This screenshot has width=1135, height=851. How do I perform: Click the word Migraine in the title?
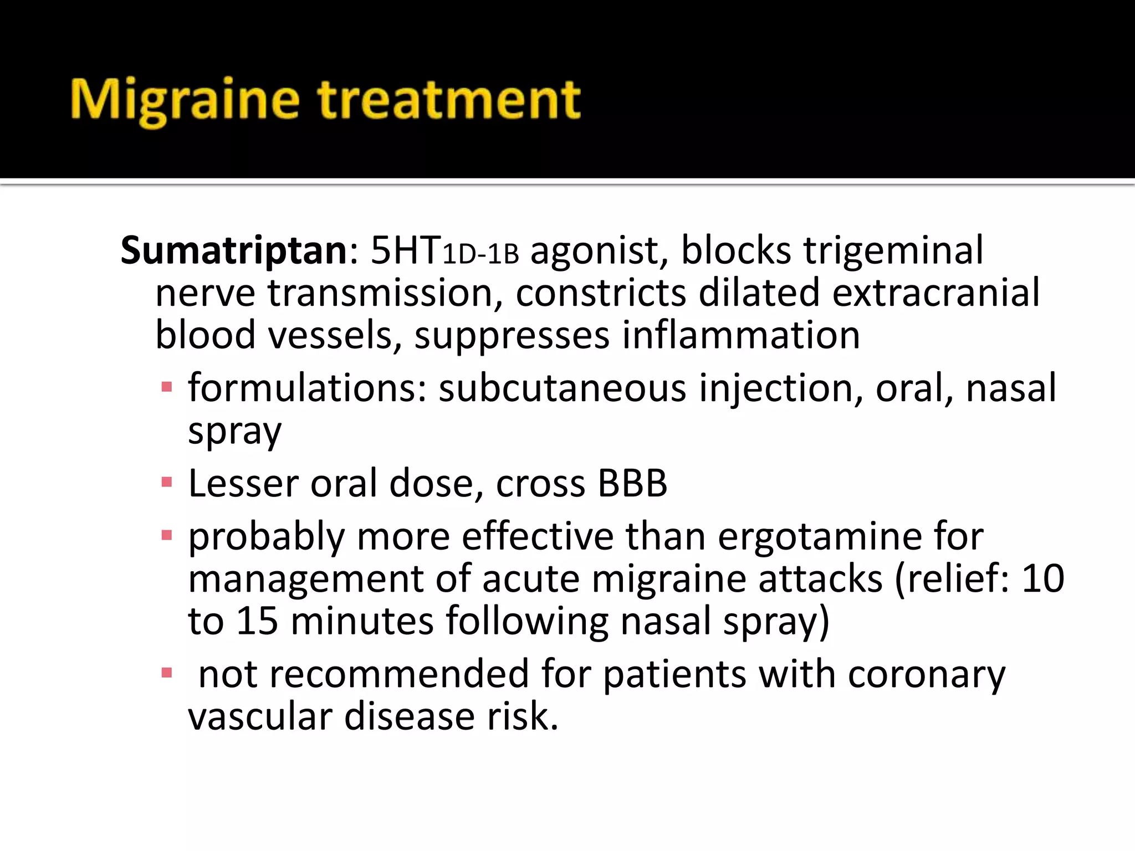pos(185,101)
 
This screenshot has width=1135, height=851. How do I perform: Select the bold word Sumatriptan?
pos(234,250)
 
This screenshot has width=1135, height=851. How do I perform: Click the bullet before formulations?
pos(166,387)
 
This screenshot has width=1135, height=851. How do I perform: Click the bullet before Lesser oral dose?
pos(166,482)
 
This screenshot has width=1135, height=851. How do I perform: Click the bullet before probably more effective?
pos(166,535)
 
